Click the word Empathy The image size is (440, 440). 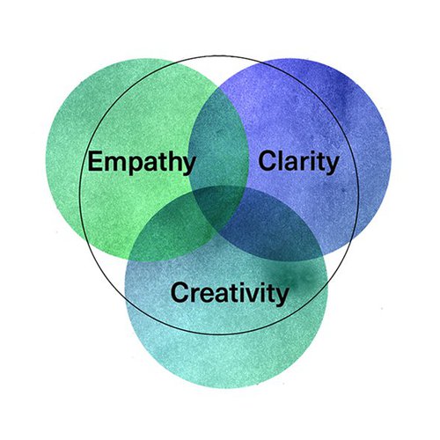click(x=142, y=163)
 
